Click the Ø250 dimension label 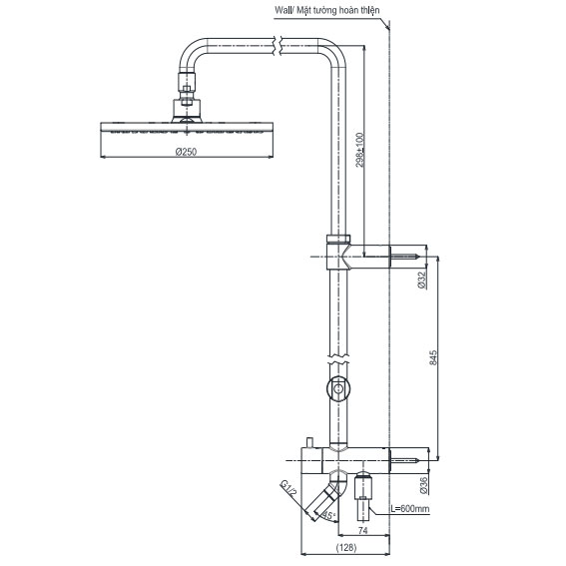(x=186, y=152)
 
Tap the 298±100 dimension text (x=360, y=150)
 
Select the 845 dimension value (x=433, y=357)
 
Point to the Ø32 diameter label (x=421, y=281)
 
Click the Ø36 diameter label (x=423, y=485)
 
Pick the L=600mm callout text (x=410, y=509)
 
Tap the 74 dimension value (x=363, y=530)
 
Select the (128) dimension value (x=346, y=548)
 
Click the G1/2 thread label (x=288, y=488)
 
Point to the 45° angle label (x=328, y=515)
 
